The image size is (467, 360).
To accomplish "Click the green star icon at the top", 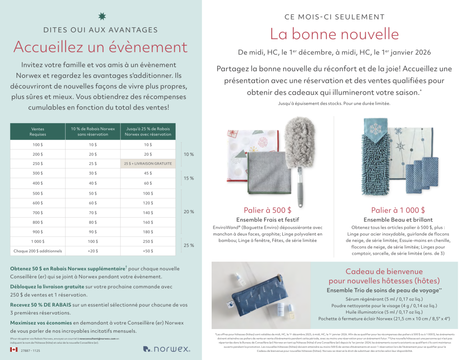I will [x=101, y=17].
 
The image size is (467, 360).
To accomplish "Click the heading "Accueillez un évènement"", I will [x=100, y=46].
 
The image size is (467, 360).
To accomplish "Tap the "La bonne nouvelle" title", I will [x=334, y=34].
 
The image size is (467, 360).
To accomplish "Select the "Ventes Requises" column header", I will [x=38, y=132].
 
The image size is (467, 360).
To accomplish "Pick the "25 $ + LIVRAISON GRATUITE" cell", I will [x=148, y=163].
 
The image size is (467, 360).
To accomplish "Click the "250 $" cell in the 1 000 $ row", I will [x=148, y=241].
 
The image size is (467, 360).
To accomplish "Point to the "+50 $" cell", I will [x=148, y=251].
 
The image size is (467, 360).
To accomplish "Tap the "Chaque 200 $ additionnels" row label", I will [x=38, y=251].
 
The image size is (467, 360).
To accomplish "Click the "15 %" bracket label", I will [x=189, y=178].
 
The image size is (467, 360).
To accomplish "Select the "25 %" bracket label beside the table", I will [x=189, y=246].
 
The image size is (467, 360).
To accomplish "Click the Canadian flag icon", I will [x=14, y=350].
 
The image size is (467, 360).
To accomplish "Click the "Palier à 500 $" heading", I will [x=267, y=210].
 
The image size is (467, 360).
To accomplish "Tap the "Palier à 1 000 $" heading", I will [x=398, y=210].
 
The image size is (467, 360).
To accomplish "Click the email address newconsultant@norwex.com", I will [x=97, y=339].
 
